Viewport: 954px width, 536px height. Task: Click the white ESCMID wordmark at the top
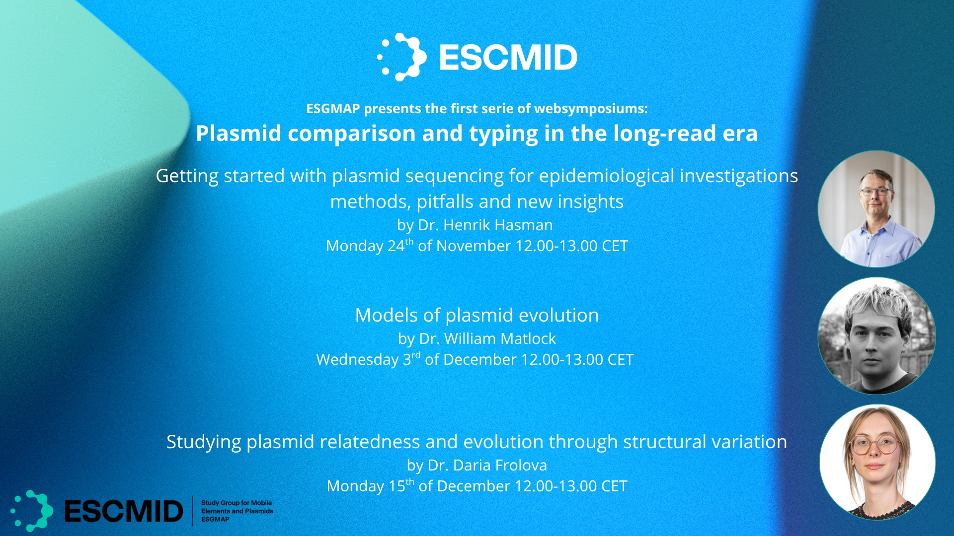(x=508, y=57)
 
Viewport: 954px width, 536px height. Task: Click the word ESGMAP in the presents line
(x=333, y=109)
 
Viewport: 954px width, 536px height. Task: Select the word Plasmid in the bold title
(x=238, y=134)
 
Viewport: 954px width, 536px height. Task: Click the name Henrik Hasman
(x=498, y=225)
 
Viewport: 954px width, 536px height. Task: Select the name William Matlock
(x=500, y=338)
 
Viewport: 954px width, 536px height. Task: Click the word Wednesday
(x=357, y=359)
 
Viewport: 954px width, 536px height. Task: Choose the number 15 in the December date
(x=397, y=486)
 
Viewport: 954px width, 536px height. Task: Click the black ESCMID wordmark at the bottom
(x=124, y=511)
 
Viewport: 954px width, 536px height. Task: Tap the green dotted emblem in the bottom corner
(x=32, y=511)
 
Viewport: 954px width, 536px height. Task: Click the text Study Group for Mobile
(x=237, y=503)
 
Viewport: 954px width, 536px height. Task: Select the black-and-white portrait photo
(x=876, y=336)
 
